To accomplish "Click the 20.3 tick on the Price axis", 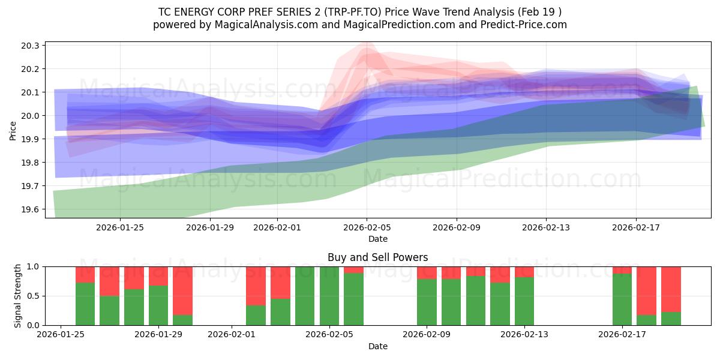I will [31, 46].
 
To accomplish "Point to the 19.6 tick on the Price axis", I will [31, 209].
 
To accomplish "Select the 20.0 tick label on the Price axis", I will [31, 116].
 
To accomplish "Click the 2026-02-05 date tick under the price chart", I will [367, 227].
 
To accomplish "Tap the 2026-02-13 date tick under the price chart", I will [546, 227].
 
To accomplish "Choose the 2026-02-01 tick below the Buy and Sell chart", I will [232, 335].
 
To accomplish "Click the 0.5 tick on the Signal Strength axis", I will [34, 296].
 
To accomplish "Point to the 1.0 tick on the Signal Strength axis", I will [34, 266].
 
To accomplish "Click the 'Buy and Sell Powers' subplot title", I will [377, 257].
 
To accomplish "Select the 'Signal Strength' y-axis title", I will [18, 296].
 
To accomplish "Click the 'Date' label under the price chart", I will [377, 239].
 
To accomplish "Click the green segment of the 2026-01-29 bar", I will [158, 305].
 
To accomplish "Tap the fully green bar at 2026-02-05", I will [329, 296].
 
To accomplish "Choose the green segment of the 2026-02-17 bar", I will [622, 299].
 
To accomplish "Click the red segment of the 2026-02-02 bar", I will [256, 286].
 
